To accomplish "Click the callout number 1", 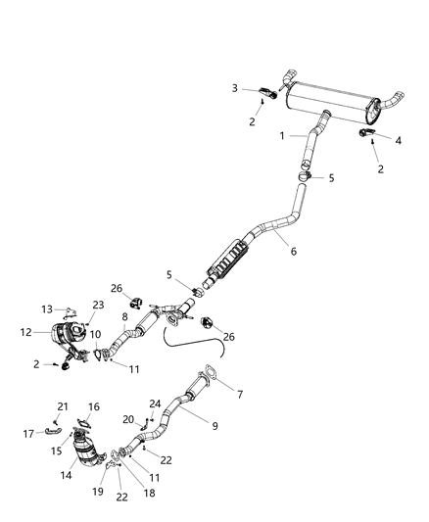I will (282, 135).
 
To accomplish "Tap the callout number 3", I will (234, 88).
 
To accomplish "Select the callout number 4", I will (399, 140).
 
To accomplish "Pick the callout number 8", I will (124, 316).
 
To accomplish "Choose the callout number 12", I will (27, 332).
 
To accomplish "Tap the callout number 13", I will (46, 308).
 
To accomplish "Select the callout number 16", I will (94, 406).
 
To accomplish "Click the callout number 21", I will (62, 406).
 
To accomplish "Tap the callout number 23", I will (98, 305).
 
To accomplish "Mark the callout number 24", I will (155, 403).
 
